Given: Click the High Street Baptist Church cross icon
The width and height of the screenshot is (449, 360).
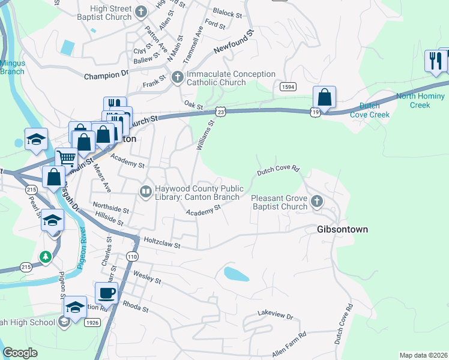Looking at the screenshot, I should pos(141,11).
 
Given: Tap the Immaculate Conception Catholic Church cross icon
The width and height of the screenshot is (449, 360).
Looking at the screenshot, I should pos(177,77).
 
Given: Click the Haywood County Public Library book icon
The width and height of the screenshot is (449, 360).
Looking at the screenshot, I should pos(145,191).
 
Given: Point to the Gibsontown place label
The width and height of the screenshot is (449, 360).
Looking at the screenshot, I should pos(342,229).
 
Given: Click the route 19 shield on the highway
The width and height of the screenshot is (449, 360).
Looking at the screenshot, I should pos(315,111).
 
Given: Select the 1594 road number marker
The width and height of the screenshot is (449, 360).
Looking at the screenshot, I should pos(288,87).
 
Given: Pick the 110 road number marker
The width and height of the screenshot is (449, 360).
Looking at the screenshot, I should pos(133,256).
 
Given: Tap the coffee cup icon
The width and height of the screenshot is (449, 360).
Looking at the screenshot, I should pos(107,293).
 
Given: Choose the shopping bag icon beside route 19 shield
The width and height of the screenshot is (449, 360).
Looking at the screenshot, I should pos(324,97).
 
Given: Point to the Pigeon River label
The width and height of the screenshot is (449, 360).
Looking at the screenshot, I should pos(85,247).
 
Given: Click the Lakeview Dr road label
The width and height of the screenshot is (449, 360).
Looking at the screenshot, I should pos(275,314).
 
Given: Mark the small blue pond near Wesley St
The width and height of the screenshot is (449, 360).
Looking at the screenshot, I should pos(237,274).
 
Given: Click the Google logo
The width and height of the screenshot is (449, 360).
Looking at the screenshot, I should pos(20,353).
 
